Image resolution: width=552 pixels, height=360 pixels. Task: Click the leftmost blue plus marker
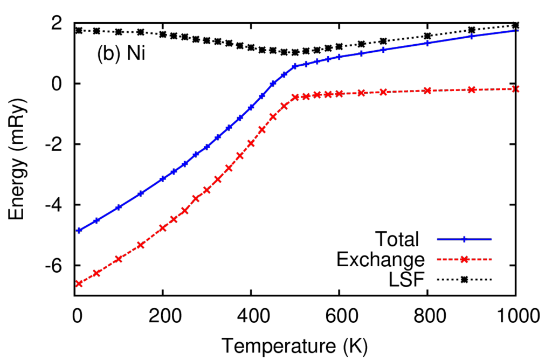[x=79, y=230]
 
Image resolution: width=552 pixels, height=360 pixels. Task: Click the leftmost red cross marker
[x=79, y=283]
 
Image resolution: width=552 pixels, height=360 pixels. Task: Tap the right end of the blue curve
[x=518, y=30]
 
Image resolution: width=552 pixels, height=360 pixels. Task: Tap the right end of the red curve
[x=518, y=89]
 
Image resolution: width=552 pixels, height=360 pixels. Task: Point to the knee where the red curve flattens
[x=295, y=97]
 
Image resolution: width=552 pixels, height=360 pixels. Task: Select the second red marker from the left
[x=96, y=273]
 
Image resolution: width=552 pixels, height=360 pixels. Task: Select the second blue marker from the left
[x=96, y=220]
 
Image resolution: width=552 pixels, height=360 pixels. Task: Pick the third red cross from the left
[x=119, y=259]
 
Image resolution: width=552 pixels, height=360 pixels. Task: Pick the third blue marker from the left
[x=119, y=206]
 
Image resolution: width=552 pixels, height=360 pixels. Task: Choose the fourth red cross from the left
[x=141, y=245]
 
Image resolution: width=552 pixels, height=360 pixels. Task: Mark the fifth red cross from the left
[x=163, y=227]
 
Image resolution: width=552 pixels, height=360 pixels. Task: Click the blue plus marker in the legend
[x=464, y=239]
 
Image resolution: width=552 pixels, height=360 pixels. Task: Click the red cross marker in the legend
[x=464, y=259]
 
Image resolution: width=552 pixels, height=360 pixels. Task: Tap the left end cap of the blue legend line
[x=437, y=239]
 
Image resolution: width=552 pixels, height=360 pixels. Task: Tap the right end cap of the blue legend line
[x=492, y=239]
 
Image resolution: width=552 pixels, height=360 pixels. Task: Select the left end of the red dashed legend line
[x=437, y=259]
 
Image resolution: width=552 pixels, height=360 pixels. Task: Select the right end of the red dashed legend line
[x=492, y=259]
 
